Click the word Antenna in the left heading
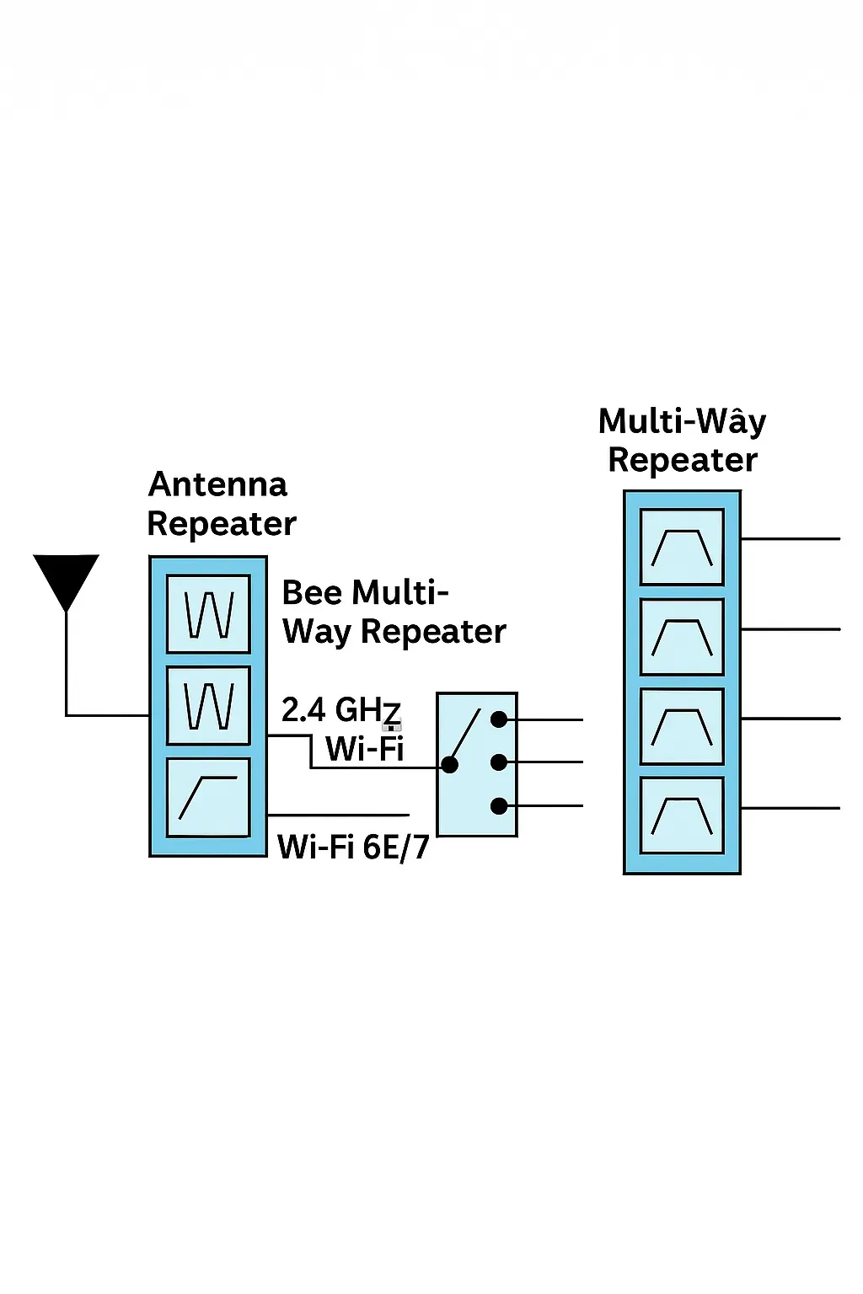point(217,484)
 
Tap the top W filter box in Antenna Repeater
point(208,614)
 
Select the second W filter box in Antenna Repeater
point(208,706)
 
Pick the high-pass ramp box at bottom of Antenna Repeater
point(208,798)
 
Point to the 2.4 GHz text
point(340,710)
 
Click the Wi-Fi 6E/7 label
point(353,847)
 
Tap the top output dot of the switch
point(499,719)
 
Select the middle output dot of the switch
point(499,762)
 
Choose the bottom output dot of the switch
point(499,806)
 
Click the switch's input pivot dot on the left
point(450,765)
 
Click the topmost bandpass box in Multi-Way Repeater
point(682,547)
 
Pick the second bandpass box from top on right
point(682,637)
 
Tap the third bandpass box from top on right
point(682,726)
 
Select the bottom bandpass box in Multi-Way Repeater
point(682,815)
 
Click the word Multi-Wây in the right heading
point(682,421)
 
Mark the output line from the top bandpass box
point(791,538)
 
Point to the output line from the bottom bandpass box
point(791,808)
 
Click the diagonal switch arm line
point(466,735)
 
